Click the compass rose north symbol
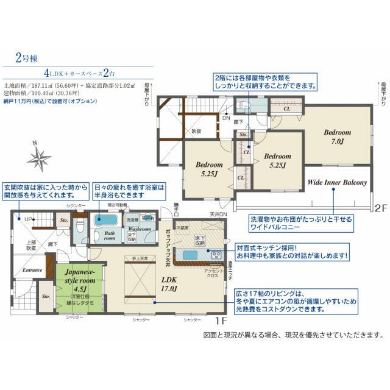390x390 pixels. (41, 157)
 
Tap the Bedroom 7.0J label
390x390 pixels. (337, 136)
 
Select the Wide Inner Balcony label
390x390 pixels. (336, 182)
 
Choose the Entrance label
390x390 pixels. (32, 269)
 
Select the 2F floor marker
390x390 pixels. (380, 208)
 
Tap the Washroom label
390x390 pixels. (140, 229)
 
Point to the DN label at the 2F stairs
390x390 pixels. (226, 118)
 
